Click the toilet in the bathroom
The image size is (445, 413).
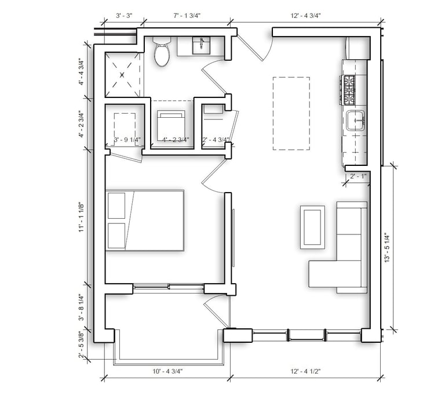tap(162, 53)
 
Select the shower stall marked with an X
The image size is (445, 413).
tap(123, 74)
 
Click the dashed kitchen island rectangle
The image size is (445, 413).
tap(291, 113)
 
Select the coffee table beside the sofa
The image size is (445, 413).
tap(313, 227)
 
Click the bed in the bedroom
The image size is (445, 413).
tap(145, 220)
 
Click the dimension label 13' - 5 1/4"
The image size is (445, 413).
tap(388, 248)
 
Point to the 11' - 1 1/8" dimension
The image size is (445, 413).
tap(82, 216)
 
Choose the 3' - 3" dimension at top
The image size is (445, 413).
tap(122, 15)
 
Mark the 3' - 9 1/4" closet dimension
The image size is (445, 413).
tap(128, 139)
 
